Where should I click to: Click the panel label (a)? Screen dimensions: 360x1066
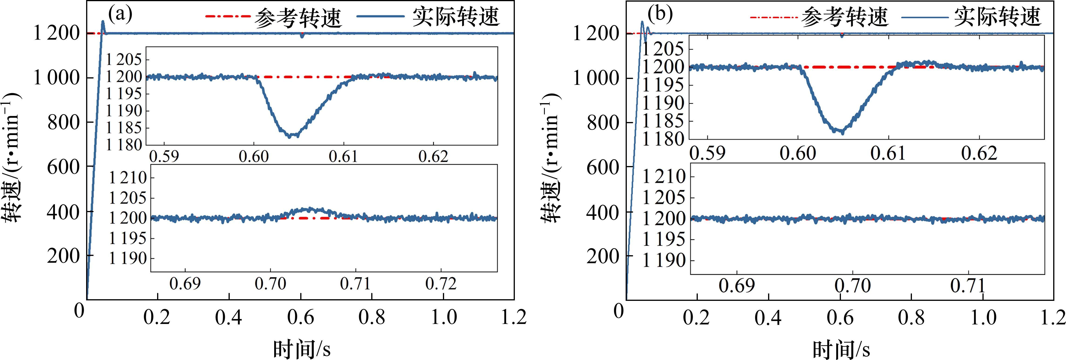pos(120,15)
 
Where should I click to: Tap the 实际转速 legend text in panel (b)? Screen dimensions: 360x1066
pos(997,17)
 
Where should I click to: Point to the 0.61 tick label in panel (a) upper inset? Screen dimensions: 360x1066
pos(344,156)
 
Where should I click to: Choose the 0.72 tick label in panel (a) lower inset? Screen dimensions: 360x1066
pos(441,284)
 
